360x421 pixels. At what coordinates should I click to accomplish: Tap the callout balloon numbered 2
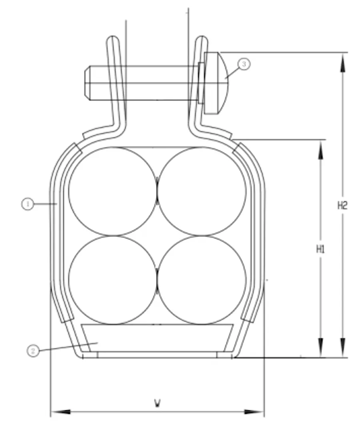33,351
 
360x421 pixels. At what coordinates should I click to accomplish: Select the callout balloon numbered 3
244,64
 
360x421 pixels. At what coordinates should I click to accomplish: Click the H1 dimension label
320,249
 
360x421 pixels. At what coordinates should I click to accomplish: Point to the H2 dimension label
342,206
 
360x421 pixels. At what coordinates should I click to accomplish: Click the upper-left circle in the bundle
113,191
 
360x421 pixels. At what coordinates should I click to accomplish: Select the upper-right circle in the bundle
202,191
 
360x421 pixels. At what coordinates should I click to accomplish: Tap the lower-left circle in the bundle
113,280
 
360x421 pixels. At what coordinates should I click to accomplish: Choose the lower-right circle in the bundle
202,280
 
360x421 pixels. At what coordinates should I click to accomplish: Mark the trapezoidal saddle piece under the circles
157,337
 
